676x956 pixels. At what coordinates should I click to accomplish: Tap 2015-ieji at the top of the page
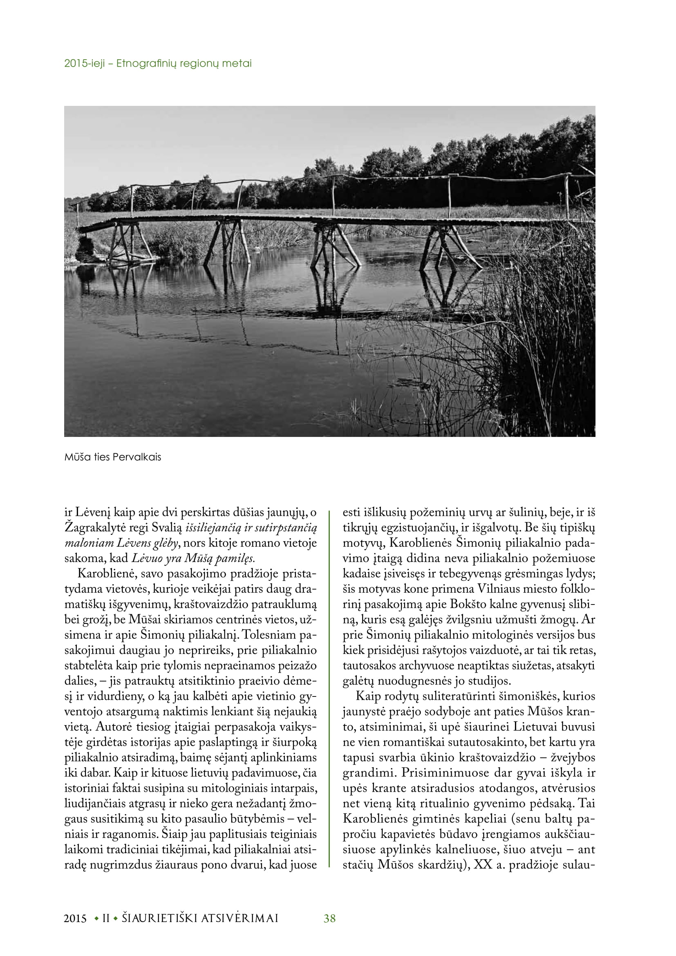click(x=85, y=64)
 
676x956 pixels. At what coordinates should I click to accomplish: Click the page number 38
click(x=329, y=918)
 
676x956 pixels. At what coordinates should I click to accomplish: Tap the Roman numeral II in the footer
click(x=106, y=918)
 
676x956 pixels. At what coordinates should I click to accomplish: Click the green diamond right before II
click(x=97, y=918)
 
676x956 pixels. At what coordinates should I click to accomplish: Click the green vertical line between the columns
click(x=329, y=687)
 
